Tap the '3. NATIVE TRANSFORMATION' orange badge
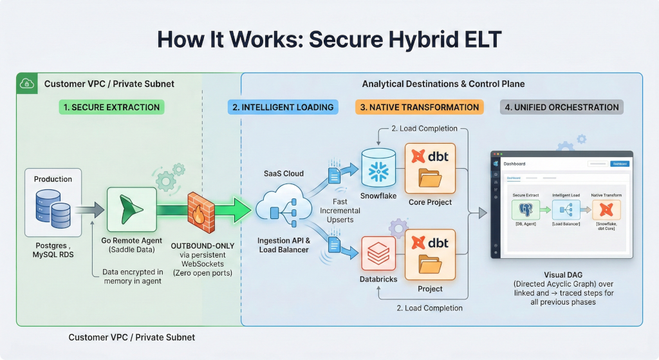[x=419, y=107]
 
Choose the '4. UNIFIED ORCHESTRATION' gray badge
[x=561, y=107]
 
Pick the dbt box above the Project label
[x=430, y=256]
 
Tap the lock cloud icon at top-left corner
[x=27, y=84]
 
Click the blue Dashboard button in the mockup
[x=619, y=164]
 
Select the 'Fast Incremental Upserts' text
[x=339, y=211]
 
